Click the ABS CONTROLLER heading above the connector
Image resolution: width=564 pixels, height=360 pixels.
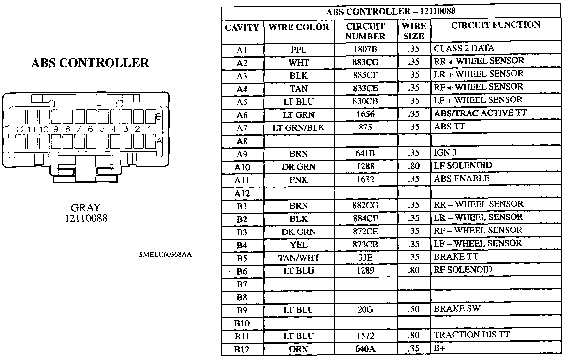pos(90,63)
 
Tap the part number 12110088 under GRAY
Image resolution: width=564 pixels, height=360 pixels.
pos(86,218)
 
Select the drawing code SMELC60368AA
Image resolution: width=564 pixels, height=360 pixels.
pos(165,254)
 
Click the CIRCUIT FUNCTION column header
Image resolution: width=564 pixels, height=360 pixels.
pos(496,25)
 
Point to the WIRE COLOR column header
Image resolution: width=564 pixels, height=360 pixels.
pos(299,27)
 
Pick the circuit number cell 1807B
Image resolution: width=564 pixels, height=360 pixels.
pos(365,49)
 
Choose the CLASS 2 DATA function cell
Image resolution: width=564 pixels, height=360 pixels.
pos(464,48)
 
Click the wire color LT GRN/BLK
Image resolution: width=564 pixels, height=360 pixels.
pos(299,127)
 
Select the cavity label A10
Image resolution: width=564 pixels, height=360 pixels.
pos(242,167)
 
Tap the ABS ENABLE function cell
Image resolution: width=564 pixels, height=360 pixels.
pos(462,179)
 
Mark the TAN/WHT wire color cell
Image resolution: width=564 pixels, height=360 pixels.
pos(299,258)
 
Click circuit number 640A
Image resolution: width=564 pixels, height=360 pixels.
pos(365,349)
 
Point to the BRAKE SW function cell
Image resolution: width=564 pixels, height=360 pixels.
pos(457,309)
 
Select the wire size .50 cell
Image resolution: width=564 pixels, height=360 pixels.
pos(414,309)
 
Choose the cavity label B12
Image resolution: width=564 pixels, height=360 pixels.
pos(242,350)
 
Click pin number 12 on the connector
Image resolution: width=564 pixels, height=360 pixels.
pos(20,129)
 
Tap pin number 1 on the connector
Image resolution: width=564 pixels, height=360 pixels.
pos(149,129)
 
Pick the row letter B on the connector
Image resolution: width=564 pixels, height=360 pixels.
pos(159,117)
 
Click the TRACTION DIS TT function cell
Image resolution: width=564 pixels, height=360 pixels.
pos(471,335)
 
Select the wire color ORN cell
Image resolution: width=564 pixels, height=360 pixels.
pos(299,349)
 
